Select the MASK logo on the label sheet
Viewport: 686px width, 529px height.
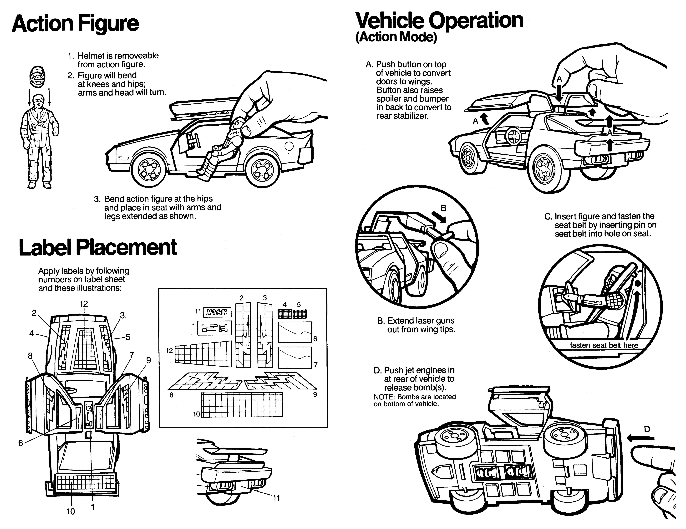point(217,312)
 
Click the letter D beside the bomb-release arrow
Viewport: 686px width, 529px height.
point(647,429)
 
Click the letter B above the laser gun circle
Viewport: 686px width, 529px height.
point(443,208)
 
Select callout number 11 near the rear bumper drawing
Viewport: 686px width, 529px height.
point(276,498)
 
